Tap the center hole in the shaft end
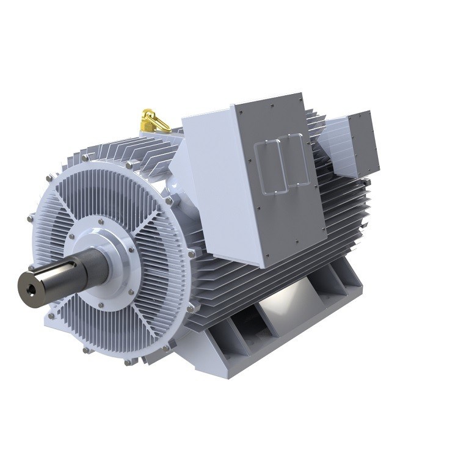click(x=29, y=285)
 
